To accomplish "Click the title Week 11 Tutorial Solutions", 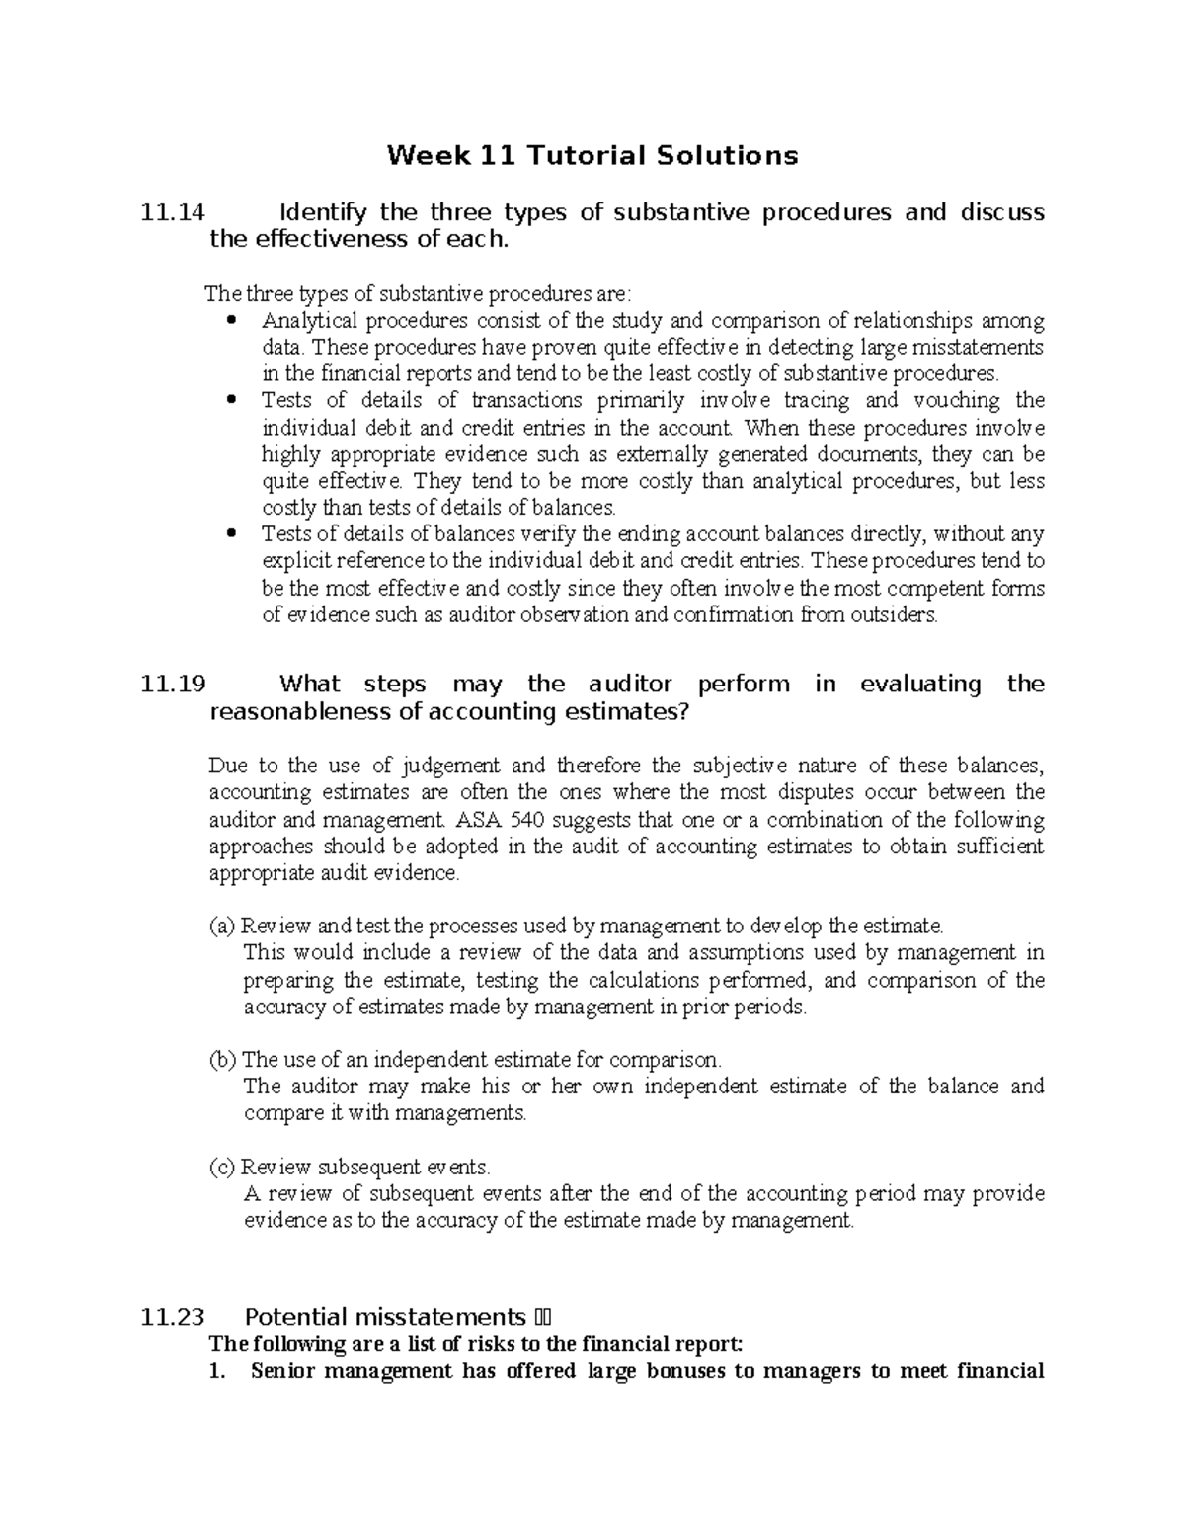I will coord(592,155).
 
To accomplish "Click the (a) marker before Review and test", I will coord(222,927).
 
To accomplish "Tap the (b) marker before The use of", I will coord(223,1060).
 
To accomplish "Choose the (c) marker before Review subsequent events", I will coord(222,1167).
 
